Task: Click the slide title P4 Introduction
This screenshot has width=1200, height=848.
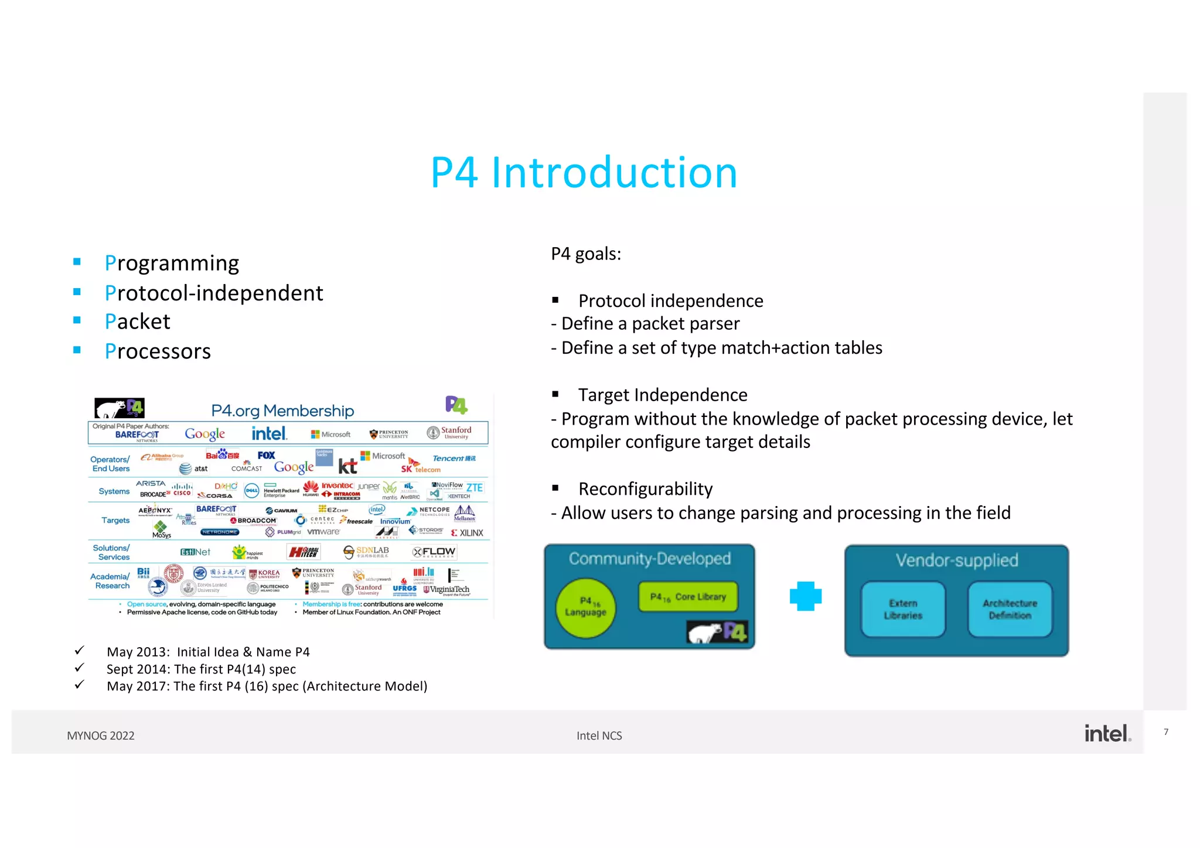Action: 584,173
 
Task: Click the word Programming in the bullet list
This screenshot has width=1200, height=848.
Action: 172,264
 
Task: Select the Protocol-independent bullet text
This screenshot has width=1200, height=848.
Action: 214,293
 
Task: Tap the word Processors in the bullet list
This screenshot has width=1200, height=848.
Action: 158,351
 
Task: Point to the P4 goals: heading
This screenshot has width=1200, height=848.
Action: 586,254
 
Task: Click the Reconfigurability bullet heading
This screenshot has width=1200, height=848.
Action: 645,489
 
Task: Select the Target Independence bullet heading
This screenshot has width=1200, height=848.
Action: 663,395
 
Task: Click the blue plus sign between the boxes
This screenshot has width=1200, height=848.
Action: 806,596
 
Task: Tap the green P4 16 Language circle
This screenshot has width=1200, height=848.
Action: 585,607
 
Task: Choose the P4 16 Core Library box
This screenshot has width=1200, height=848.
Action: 688,597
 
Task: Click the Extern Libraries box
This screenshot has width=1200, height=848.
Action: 903,609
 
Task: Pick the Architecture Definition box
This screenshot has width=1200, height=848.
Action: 1010,609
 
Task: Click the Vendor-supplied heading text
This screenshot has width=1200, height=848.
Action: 956,560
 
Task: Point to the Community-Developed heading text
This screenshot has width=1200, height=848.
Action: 649,559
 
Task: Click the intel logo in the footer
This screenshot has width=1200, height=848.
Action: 1107,733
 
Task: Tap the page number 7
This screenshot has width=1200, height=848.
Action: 1166,732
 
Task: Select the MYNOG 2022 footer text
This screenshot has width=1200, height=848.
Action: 101,736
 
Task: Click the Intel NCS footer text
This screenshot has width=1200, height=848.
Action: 599,736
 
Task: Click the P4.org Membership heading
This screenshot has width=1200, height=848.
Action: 282,411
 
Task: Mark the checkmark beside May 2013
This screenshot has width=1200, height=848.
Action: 80,651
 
